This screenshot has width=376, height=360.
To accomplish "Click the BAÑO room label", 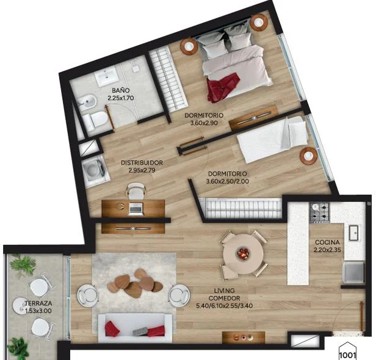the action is pyautogui.click(x=121, y=90).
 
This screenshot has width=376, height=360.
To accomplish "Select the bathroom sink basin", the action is pyautogui.click(x=107, y=76).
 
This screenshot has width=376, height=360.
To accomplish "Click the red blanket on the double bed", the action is pyautogui.click(x=223, y=87).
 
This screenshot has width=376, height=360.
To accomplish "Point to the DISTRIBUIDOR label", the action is pyautogui.click(x=142, y=162).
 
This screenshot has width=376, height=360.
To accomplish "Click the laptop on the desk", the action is pyautogui.click(x=136, y=209).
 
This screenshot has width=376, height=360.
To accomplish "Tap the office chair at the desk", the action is pyautogui.click(x=136, y=190).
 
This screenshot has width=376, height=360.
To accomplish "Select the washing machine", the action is pyautogui.click(x=94, y=170).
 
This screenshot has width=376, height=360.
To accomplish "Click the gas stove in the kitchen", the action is pyautogui.click(x=319, y=212).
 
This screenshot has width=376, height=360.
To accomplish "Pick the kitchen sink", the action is pyautogui.click(x=353, y=232).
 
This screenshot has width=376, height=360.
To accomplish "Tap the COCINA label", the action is pyautogui.click(x=327, y=242).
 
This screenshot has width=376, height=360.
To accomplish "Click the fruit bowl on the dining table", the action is pyautogui.click(x=244, y=253).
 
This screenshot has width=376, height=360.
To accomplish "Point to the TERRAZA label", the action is pyautogui.click(x=38, y=303).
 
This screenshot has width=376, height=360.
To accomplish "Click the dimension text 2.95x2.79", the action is pyautogui.click(x=142, y=170).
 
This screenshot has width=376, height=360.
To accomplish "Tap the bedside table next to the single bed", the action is pyautogui.click(x=309, y=156).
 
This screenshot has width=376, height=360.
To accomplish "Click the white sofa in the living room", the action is pyautogui.click(x=135, y=328).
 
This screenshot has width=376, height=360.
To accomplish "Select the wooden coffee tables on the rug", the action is pyautogui.click(x=135, y=283).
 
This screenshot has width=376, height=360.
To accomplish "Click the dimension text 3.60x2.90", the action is pyautogui.click(x=204, y=123).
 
